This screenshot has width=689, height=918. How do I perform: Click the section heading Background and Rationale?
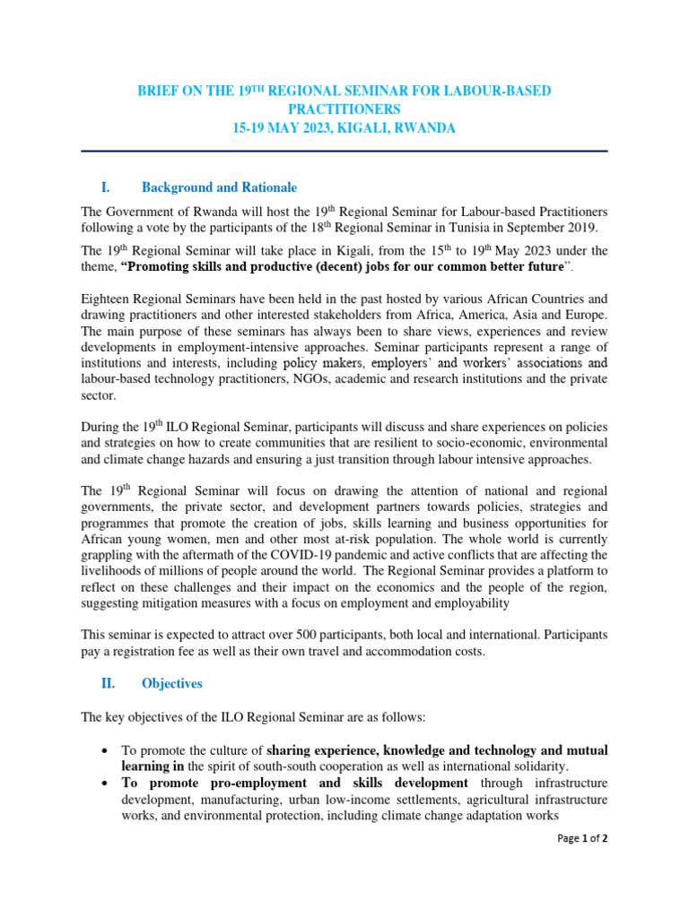[219, 187]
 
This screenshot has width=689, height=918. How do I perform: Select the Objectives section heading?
[172, 683]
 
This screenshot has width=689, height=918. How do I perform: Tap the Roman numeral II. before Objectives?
[108, 683]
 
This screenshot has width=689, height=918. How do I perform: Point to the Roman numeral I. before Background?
[106, 187]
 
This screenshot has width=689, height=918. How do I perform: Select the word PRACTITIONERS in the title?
[344, 109]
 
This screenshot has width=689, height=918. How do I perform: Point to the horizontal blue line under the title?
[344, 152]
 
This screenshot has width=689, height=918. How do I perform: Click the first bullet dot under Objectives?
[107, 750]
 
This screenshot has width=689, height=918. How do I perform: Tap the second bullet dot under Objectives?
[107, 783]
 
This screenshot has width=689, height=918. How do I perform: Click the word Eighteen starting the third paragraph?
[109, 299]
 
